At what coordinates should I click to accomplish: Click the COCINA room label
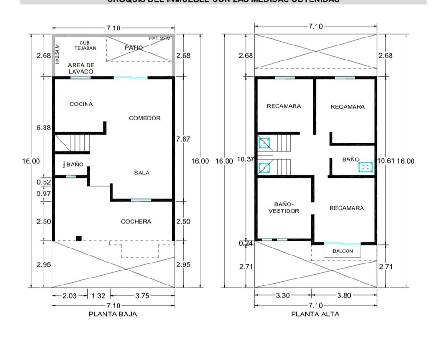click(x=81, y=104)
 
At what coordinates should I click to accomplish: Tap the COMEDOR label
click(x=145, y=118)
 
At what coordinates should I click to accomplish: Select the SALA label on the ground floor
click(x=142, y=173)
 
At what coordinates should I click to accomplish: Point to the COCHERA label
click(x=136, y=222)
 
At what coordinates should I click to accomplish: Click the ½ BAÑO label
click(x=73, y=165)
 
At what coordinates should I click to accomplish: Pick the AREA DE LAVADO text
click(x=81, y=68)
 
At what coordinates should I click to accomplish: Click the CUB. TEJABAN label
click(x=85, y=45)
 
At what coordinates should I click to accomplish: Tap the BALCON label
click(x=343, y=251)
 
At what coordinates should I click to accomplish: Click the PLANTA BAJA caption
click(x=113, y=314)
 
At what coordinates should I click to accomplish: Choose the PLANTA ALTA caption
click(x=315, y=314)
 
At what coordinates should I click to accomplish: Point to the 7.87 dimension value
click(x=183, y=139)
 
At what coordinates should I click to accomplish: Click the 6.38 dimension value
click(x=44, y=127)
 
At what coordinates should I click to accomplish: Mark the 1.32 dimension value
click(x=98, y=296)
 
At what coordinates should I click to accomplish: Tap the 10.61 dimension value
click(x=386, y=161)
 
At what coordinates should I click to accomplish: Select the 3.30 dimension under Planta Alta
click(x=283, y=296)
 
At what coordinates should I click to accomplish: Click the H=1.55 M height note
click(x=160, y=38)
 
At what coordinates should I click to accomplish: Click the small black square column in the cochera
click(x=79, y=238)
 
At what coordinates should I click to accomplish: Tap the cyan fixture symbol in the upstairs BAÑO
click(x=366, y=166)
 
